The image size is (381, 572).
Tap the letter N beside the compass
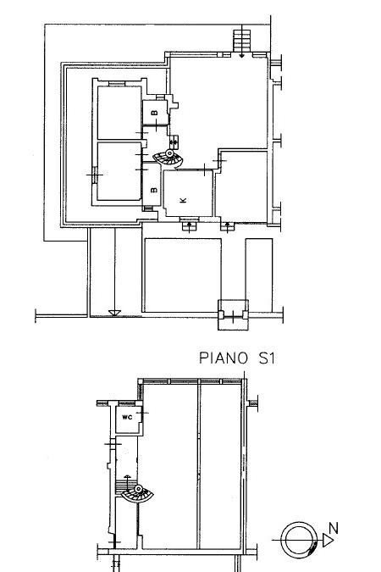[334, 528]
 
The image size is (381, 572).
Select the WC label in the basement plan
[127, 418]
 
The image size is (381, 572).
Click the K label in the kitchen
[184, 200]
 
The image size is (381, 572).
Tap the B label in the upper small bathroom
[155, 112]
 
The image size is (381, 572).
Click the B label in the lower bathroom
[153, 190]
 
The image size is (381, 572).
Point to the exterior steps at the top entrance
[243, 39]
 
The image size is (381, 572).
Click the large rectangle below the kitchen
[183, 275]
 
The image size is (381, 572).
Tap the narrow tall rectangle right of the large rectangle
[259, 275]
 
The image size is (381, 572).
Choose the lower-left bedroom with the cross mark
[117, 171]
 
